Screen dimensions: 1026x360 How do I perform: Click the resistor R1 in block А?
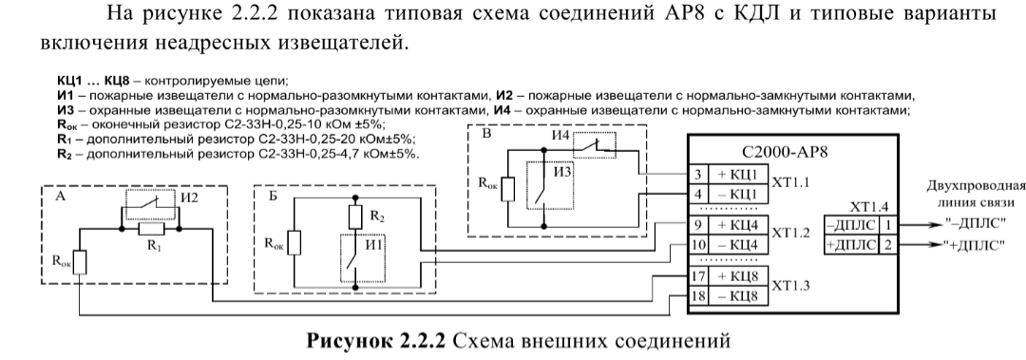[149, 229]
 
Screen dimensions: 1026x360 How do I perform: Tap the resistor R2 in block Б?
[354, 217]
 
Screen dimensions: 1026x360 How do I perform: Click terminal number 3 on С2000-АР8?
[697, 176]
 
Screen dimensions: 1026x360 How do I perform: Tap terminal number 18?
[697, 296]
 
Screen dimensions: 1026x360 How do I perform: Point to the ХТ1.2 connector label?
[790, 234]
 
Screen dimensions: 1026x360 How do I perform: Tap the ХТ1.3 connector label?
[790, 286]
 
